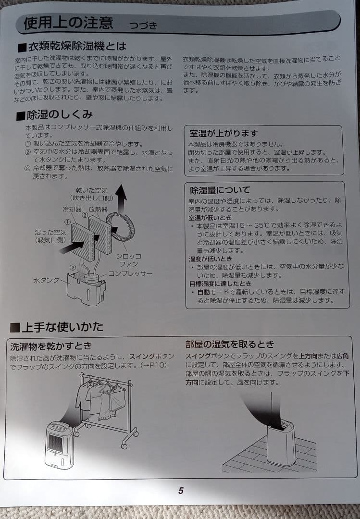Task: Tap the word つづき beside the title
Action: click(x=143, y=25)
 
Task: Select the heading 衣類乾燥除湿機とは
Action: click(x=72, y=47)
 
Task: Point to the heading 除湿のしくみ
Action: click(x=55, y=115)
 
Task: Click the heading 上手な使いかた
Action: click(x=57, y=327)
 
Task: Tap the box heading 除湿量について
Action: click(x=220, y=190)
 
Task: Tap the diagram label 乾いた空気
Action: click(x=92, y=191)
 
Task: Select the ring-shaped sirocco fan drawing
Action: click(x=121, y=225)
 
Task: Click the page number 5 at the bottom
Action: click(x=181, y=491)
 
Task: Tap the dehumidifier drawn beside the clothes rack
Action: click(x=60, y=444)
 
